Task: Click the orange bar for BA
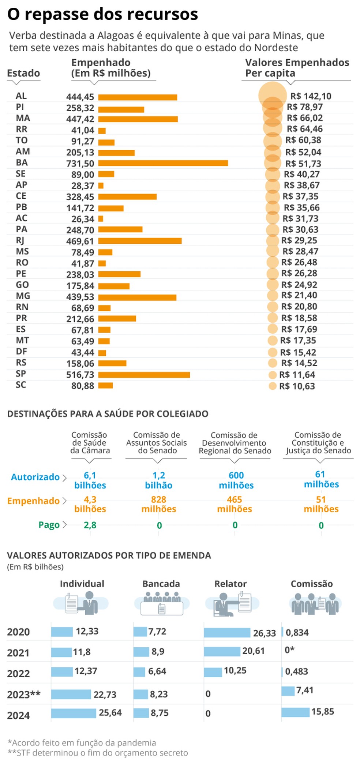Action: point(163,163)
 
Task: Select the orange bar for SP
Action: point(144,375)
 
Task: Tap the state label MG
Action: point(23,296)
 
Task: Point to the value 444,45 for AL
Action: point(80,97)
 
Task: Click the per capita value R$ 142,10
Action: point(311,96)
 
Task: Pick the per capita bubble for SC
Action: point(272,386)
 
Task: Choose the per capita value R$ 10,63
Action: point(297,386)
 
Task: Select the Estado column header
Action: point(23,73)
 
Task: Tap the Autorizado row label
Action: point(35,477)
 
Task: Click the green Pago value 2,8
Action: point(90,525)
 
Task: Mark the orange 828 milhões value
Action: point(159,504)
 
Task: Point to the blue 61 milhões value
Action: point(321,479)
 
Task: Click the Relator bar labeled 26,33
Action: point(227,632)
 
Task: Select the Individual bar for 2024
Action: point(74,713)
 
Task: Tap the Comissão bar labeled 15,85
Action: point(295,712)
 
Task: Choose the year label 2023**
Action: point(24,694)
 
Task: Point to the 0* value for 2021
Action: point(289,650)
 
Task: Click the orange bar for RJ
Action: point(140,241)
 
